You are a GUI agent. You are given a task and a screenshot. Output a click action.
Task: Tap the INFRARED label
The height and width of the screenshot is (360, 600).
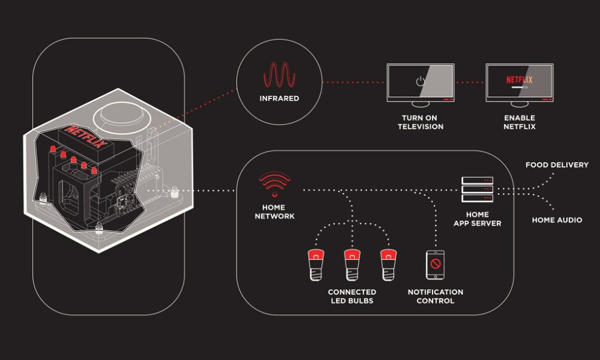279,98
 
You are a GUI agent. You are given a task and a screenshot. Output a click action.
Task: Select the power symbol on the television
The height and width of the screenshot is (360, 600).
420,81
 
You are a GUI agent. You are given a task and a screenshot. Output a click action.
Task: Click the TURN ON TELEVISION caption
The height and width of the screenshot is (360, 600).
420,122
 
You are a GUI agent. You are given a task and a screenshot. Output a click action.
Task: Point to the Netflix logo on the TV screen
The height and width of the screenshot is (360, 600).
519,79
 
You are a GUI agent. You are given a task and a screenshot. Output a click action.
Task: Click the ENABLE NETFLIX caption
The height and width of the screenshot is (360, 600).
519,122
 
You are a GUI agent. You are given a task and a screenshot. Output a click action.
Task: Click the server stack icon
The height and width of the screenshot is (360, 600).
477,190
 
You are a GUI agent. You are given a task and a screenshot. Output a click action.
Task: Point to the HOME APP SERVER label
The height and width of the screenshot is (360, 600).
477,219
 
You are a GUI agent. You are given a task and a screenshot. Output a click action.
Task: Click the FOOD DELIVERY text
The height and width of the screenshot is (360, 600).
557,165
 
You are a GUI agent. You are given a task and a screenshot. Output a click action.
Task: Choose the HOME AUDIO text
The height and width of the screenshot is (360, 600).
557,220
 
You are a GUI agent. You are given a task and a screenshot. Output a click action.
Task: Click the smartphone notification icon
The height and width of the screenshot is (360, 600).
435,265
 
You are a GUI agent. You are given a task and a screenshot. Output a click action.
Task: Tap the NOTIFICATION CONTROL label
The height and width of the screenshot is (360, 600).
435,296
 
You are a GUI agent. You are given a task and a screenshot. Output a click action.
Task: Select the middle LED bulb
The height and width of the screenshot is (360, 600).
351,263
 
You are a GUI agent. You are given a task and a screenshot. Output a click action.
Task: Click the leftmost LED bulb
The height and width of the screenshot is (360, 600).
316,263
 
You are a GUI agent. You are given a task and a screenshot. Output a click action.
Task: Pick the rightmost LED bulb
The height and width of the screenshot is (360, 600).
387,263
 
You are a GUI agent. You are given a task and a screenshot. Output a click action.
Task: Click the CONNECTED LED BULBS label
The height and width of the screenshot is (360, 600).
351,296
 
